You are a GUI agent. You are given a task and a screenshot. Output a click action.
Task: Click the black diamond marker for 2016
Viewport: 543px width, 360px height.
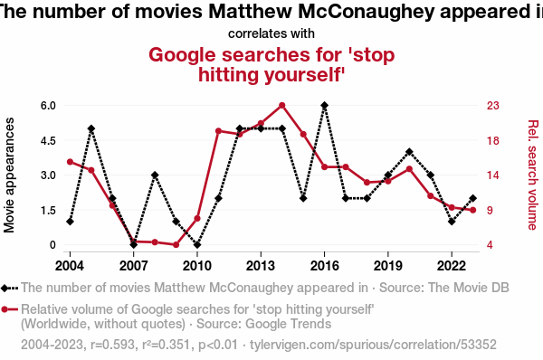click(x=324, y=105)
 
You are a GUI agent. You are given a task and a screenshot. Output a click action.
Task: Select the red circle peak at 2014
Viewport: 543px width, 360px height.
click(x=281, y=105)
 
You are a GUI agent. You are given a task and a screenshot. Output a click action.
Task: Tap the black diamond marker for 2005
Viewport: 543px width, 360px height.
click(x=91, y=128)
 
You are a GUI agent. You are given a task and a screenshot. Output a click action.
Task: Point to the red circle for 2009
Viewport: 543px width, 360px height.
click(x=176, y=245)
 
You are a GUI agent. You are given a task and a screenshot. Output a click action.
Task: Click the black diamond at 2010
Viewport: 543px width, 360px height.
click(x=197, y=245)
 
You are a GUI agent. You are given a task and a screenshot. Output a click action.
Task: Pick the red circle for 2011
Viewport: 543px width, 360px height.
click(x=218, y=131)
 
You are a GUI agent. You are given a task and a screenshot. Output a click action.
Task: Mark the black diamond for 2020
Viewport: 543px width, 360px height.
click(x=409, y=152)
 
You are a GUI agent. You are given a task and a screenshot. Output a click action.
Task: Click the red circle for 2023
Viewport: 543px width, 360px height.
click(x=472, y=210)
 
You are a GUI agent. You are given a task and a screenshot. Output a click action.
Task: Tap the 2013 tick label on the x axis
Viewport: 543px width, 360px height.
click(x=261, y=266)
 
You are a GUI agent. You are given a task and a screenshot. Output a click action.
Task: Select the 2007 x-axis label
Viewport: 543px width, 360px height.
click(x=133, y=266)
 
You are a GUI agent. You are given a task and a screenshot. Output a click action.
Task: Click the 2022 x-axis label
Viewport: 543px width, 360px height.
click(x=452, y=266)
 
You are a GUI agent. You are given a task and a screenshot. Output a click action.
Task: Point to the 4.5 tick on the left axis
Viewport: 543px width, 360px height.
click(x=48, y=140)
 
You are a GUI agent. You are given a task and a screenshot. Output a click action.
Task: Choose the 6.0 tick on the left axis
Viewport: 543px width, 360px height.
click(x=48, y=105)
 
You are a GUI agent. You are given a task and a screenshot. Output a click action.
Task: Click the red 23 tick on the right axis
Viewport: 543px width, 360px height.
click(x=493, y=105)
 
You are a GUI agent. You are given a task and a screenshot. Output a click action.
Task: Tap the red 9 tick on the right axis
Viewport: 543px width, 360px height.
click(x=490, y=210)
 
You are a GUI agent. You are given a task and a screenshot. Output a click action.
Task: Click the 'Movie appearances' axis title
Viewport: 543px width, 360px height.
click(x=9, y=175)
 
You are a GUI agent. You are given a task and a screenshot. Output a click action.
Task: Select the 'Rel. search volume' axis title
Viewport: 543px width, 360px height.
click(x=533, y=175)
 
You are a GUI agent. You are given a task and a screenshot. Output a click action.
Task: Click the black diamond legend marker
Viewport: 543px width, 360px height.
click(x=5, y=288)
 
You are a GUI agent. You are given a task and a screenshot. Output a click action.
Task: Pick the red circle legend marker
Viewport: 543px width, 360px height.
click(x=5, y=309)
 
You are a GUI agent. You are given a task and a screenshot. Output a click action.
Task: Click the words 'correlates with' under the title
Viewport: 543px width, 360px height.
click(x=271, y=33)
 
